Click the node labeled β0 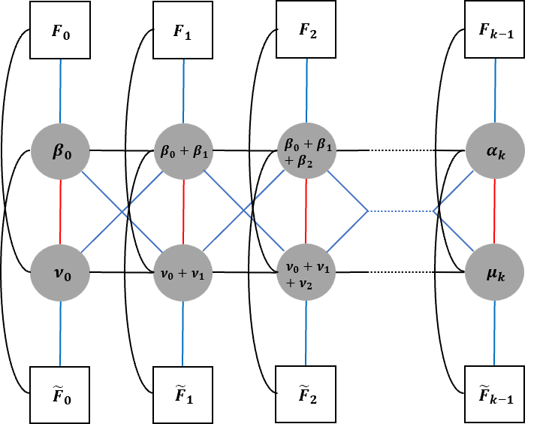pos(60,151)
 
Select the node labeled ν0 pos(60,272)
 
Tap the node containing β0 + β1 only pos(183,151)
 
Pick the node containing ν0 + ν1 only pos(183,272)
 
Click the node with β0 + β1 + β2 pos(306,151)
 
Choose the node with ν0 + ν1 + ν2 pos(306,272)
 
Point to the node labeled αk pos(495,151)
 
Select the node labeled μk pos(495,272)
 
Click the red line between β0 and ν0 pos(60,211)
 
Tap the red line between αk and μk pos(495,211)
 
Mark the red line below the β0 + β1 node pos(183,211)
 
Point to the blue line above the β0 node pos(60,90)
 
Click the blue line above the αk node pos(495,90)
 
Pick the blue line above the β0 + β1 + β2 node pos(306,90)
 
